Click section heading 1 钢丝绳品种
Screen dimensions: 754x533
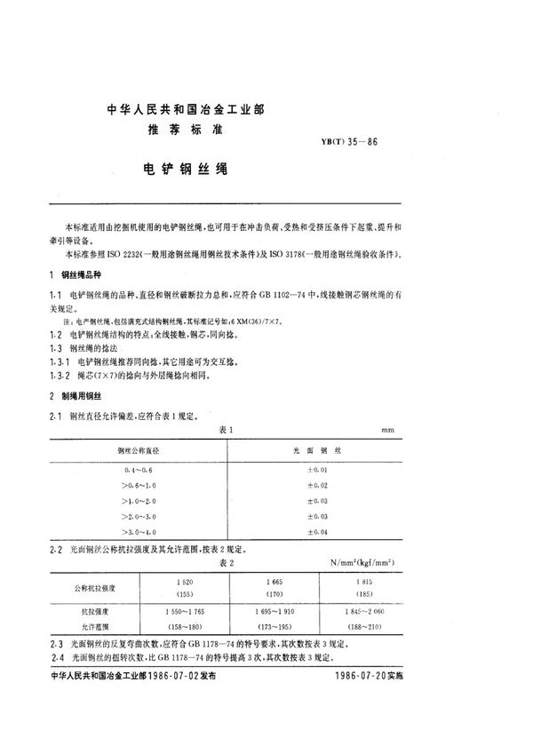tap(85, 276)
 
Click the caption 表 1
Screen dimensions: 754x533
tap(225, 429)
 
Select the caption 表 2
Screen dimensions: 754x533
tap(225, 561)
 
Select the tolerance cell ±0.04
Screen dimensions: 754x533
tap(316, 531)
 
